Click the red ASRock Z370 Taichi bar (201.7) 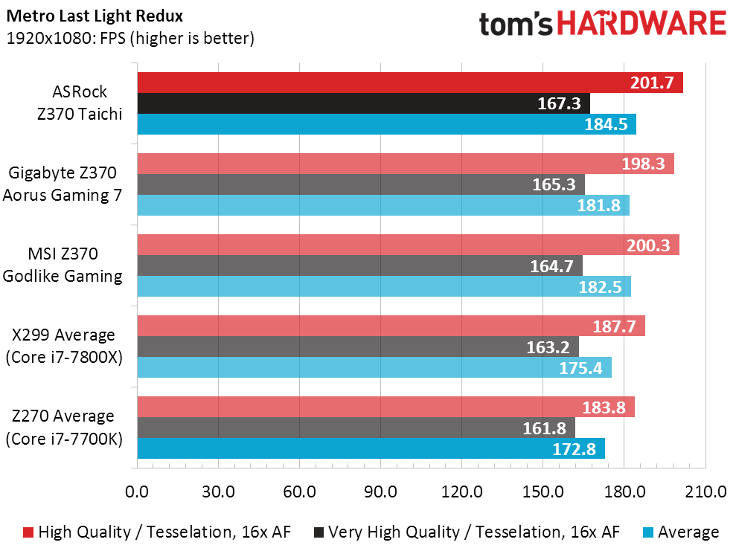pyautogui.click(x=410, y=83)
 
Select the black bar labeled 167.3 pyautogui.click(x=364, y=103)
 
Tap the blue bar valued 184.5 pyautogui.click(x=387, y=123)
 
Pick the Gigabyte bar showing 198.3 pyautogui.click(x=406, y=164)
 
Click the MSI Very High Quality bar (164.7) pyautogui.click(x=360, y=265)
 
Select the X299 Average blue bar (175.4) pyautogui.click(x=374, y=367)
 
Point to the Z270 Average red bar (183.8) pyautogui.click(x=385, y=407)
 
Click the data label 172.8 pyautogui.click(x=574, y=449)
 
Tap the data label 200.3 pyautogui.click(x=648, y=245)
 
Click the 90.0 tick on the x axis pyautogui.click(x=381, y=492)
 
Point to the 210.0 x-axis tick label pyautogui.click(x=705, y=492)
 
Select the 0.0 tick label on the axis pyautogui.click(x=137, y=492)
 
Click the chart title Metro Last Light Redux pyautogui.click(x=95, y=16)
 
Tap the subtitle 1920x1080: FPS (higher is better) pyautogui.click(x=130, y=38)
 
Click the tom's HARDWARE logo pyautogui.click(x=603, y=24)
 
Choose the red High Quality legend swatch pyautogui.click(x=28, y=532)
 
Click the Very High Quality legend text pyautogui.click(x=474, y=532)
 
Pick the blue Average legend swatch pyautogui.click(x=647, y=532)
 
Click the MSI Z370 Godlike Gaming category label pyautogui.click(x=63, y=265)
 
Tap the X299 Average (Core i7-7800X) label pyautogui.click(x=64, y=346)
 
